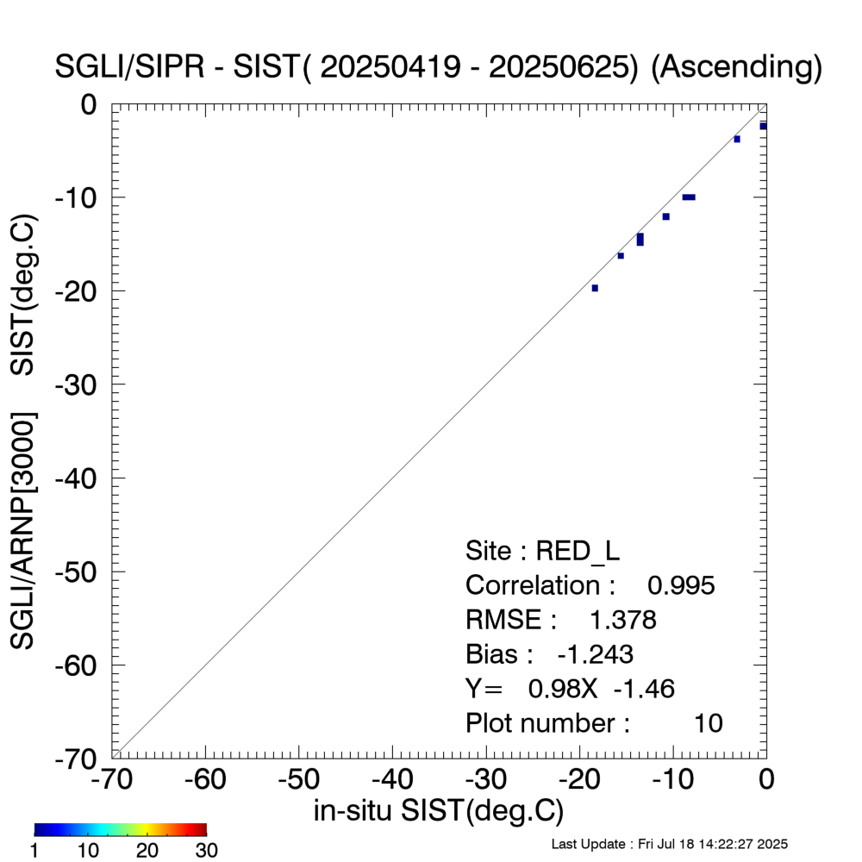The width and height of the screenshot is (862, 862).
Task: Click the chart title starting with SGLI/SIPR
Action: point(438,67)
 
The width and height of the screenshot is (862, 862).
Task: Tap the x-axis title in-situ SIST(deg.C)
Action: point(438,810)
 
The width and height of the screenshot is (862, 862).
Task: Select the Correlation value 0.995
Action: point(681,585)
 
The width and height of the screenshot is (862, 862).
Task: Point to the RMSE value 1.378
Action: point(622,620)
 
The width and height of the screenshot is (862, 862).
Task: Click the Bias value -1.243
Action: point(595,654)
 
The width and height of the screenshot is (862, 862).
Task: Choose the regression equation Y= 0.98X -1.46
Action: point(570,689)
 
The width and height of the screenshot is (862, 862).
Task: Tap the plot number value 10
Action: point(708,723)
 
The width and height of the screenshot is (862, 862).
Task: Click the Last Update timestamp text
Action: point(669,843)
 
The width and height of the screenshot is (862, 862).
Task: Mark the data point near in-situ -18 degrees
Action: point(595,288)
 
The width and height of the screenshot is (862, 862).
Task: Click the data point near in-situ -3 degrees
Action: point(737,139)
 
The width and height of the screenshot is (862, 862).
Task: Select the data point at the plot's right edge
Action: point(764,126)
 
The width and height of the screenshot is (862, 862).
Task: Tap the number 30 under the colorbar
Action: point(205,851)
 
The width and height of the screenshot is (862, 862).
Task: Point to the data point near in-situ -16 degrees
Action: point(621,255)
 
